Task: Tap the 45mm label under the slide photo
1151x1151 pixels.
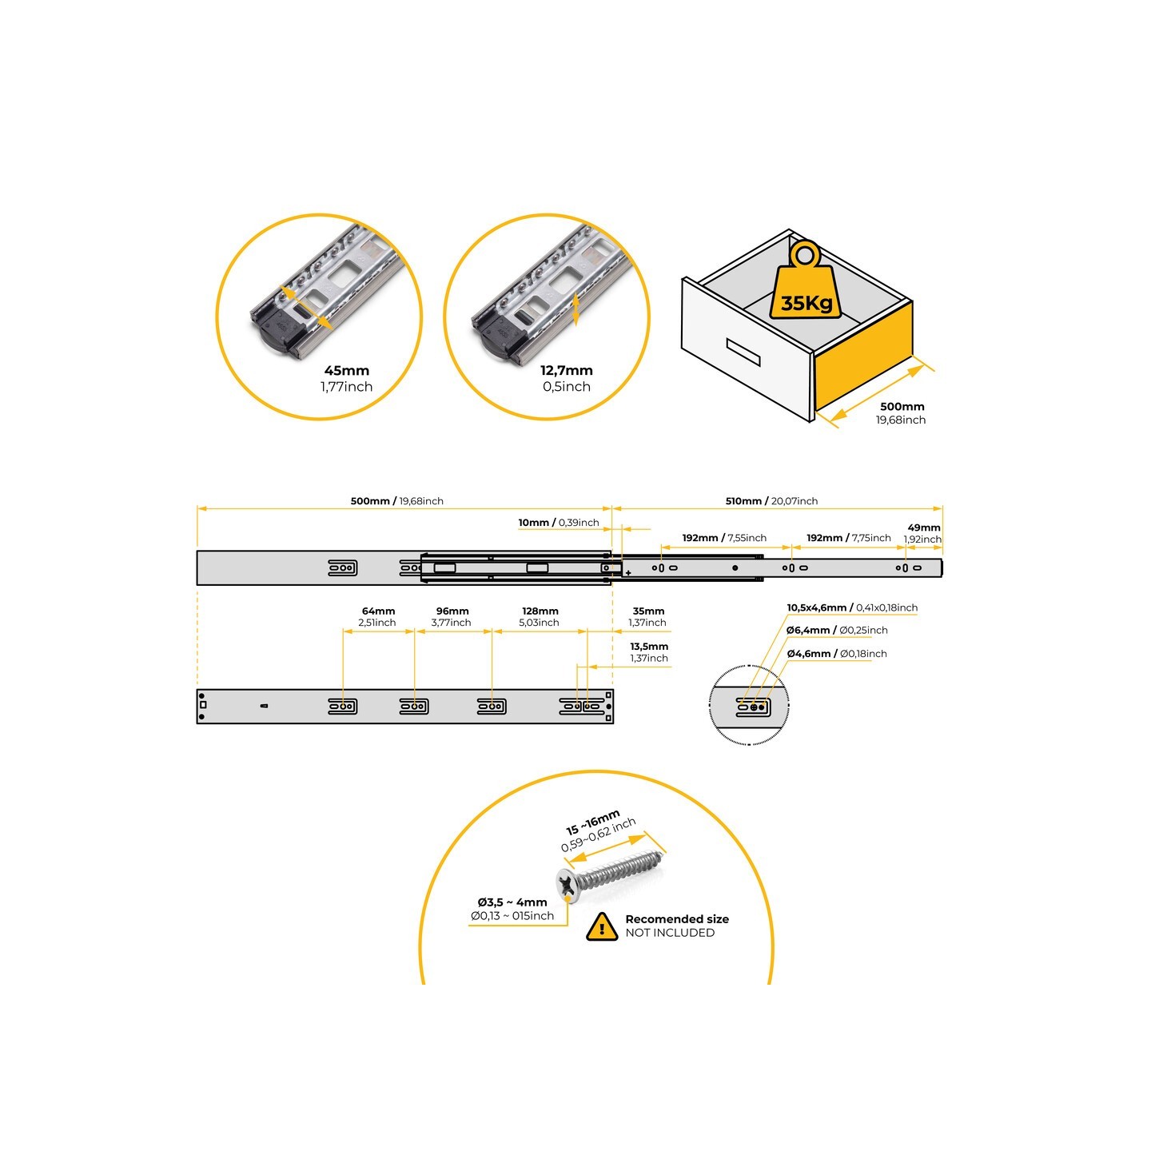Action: (346, 370)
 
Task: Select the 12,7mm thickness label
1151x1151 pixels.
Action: (566, 370)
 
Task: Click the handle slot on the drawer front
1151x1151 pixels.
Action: (743, 352)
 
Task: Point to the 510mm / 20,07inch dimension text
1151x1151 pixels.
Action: (771, 501)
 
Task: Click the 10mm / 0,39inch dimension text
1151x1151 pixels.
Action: (559, 523)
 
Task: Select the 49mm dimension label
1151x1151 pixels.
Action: (923, 528)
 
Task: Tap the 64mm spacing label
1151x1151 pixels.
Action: (378, 611)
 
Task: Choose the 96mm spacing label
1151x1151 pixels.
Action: (452, 611)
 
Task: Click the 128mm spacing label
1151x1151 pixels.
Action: (540, 611)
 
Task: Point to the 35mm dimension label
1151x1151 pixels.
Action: (649, 611)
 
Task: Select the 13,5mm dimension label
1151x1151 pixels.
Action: (649, 647)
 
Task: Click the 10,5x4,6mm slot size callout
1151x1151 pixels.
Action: (852, 607)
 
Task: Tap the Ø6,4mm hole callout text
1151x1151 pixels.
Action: (836, 630)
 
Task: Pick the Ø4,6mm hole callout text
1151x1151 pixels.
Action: (836, 654)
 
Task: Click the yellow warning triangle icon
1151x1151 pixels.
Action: (602, 926)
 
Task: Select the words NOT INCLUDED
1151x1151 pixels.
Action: (670, 933)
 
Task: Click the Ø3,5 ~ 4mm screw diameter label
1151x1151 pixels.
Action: (512, 902)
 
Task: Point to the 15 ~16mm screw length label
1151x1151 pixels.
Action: (592, 822)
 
